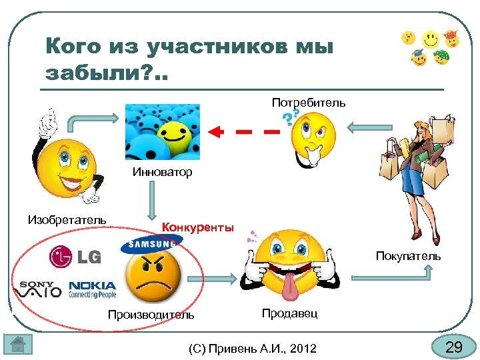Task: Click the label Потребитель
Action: pyautogui.click(x=308, y=103)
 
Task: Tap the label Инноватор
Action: pyautogui.click(x=162, y=172)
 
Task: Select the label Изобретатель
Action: pyautogui.click(x=67, y=219)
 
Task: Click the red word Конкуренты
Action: pyautogui.click(x=198, y=227)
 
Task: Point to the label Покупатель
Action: pyautogui.click(x=408, y=256)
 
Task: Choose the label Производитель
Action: pyautogui.click(x=151, y=314)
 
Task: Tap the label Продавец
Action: pyautogui.click(x=290, y=313)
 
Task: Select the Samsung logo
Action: pyautogui.click(x=151, y=243)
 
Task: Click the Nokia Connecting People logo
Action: pyautogui.click(x=92, y=289)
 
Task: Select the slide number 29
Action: pyautogui.click(x=453, y=347)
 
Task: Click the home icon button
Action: pyautogui.click(x=18, y=345)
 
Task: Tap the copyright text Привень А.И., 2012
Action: pyautogui.click(x=253, y=348)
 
